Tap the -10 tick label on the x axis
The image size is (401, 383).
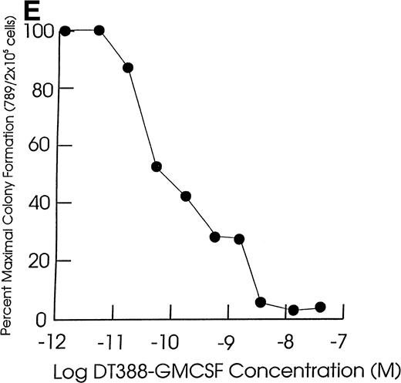pos(170,340)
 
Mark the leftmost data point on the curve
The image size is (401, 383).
pos(66,31)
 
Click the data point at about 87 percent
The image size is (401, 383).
pos(128,68)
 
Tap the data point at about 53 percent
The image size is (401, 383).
pos(157,166)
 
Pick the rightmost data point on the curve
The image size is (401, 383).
pos(320,307)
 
